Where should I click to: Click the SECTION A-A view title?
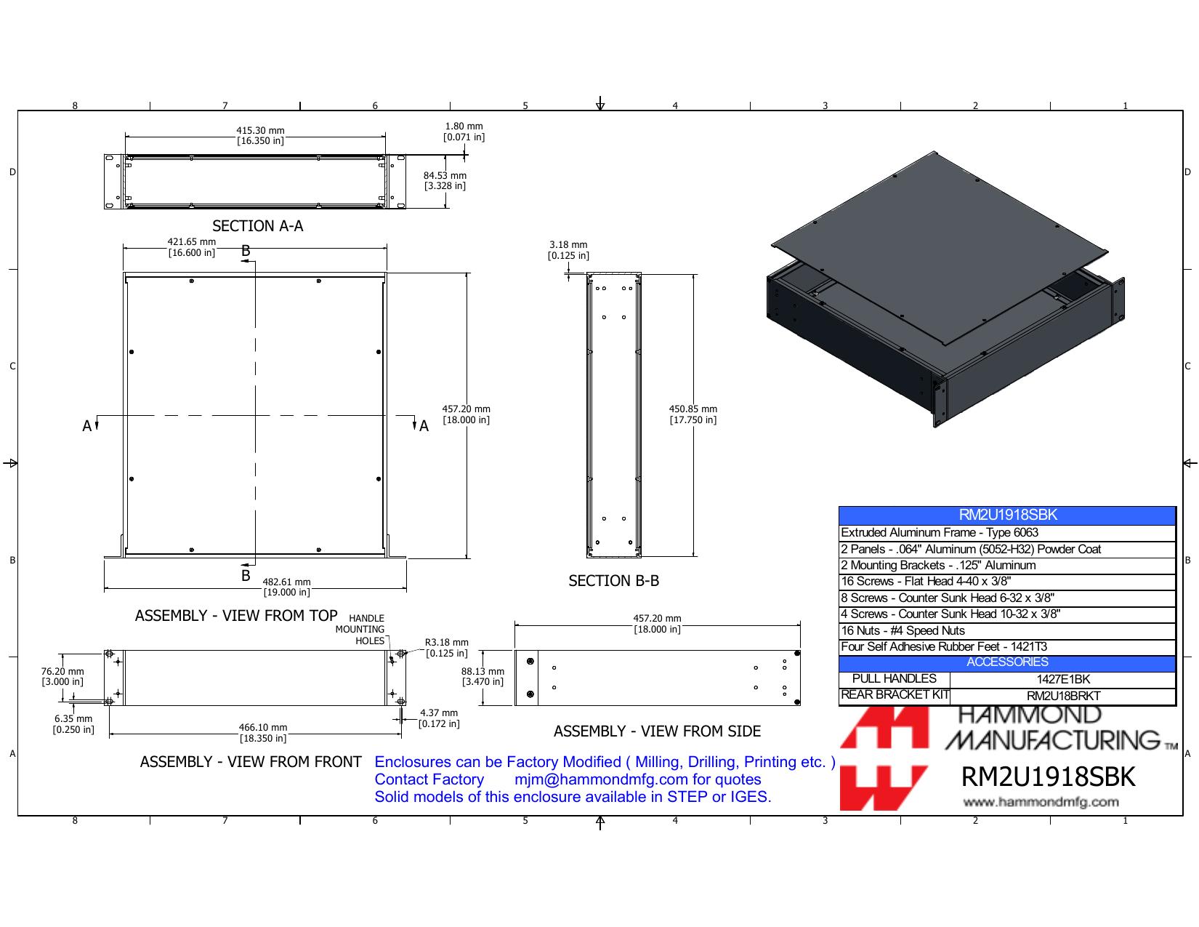(258, 226)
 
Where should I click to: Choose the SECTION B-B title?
(613, 581)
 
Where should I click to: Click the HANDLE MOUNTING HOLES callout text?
(360, 630)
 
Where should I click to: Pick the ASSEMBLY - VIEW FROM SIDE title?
(657, 731)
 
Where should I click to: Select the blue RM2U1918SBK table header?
(1007, 515)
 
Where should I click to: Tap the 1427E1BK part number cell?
(1063, 679)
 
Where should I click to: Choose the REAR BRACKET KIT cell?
(895, 695)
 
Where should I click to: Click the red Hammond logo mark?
(884, 758)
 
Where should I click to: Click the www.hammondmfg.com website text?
(1041, 802)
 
